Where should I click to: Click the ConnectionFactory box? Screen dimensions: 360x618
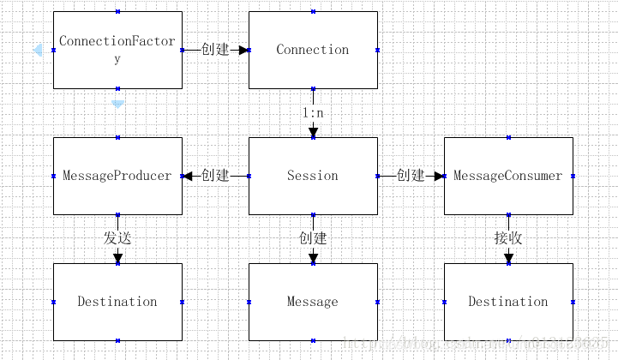pos(117,50)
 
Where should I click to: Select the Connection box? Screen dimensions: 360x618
pos(313,50)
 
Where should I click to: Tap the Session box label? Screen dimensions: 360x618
pos(313,176)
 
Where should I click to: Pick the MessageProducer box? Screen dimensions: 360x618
pos(117,176)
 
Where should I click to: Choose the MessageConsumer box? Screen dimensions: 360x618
pos(508,176)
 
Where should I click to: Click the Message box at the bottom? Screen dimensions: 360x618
pos(313,302)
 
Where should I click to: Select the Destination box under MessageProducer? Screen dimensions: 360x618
pos(117,302)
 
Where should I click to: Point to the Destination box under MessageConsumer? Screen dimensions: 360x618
pos(508,302)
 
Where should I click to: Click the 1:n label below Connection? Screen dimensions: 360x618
pos(313,112)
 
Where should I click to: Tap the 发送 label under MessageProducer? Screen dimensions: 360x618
pos(117,238)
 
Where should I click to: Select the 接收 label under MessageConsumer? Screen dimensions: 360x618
pos(508,238)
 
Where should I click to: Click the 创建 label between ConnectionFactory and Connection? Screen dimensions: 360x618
pos(215,50)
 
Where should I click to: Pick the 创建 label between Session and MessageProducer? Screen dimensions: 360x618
pos(215,176)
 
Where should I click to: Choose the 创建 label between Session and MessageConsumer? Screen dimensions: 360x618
pos(411,176)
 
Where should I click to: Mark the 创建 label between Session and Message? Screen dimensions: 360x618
pos(313,238)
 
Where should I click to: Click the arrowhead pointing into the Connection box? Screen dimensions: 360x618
pos(243,50)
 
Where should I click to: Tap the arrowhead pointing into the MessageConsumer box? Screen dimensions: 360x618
pos(439,176)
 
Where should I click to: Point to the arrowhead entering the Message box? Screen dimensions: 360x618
pos(313,258)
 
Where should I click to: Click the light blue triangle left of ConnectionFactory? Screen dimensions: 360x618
pos(38,51)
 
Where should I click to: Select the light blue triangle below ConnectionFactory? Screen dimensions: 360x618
pos(118,104)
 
